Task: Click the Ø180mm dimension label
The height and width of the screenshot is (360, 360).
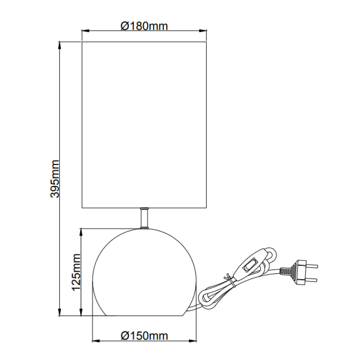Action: coord(144,26)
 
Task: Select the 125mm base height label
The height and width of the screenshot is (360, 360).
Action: coord(76,272)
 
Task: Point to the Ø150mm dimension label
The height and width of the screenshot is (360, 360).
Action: coord(144,335)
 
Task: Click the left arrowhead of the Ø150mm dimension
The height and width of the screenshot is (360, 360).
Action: coord(96,341)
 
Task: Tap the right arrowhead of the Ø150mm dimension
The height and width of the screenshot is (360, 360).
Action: coord(194,341)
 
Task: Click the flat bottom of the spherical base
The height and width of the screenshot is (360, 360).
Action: coord(144,316)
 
